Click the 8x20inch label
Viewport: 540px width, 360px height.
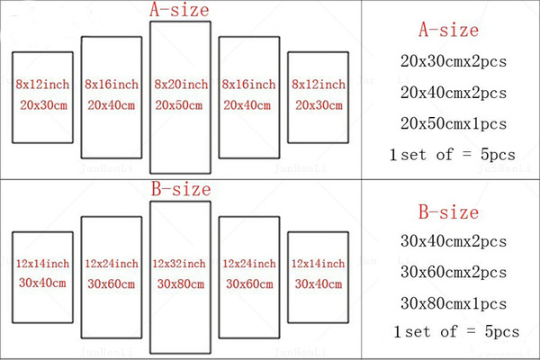[181, 85]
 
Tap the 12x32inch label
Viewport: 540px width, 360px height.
[179, 264]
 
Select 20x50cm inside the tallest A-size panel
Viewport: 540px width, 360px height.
[179, 105]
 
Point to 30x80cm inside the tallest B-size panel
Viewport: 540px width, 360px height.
[181, 284]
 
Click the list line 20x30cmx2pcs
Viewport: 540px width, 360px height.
[454, 62]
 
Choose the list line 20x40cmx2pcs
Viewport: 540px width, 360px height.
[454, 93]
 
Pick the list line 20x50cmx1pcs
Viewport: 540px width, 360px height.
[454, 123]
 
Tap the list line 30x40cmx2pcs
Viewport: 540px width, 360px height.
[454, 241]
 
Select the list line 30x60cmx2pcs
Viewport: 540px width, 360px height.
[454, 272]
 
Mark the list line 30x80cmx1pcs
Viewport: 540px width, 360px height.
[454, 303]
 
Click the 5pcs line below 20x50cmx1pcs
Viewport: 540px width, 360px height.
[453, 155]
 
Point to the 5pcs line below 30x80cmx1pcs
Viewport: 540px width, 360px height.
[456, 332]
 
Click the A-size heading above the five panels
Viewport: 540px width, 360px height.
[179, 9]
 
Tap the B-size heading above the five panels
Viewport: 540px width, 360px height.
[181, 189]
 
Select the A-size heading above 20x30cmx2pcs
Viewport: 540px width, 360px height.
[449, 30]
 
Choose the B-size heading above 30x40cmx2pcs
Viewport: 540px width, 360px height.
[449, 211]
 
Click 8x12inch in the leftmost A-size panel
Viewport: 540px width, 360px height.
[42, 85]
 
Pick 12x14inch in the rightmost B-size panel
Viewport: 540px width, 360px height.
[318, 264]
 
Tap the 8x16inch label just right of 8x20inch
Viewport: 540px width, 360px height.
[248, 85]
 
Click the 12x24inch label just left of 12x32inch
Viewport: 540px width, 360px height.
[112, 264]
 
